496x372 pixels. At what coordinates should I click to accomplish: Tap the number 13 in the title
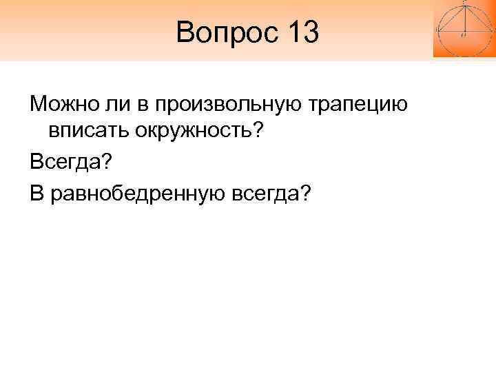tap(301, 32)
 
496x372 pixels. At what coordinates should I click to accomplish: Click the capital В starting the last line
tap(36, 194)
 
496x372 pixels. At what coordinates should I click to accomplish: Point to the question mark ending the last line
tap(305, 194)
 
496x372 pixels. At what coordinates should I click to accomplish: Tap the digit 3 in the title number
tap(310, 32)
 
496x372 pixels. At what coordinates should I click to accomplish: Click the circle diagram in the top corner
tap(463, 28)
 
